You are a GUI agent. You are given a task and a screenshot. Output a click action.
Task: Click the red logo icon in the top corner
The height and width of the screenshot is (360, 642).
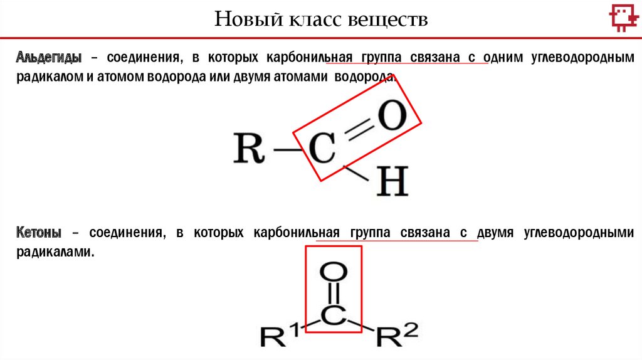621,19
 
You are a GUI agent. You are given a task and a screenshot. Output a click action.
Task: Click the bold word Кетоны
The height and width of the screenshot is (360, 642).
39,233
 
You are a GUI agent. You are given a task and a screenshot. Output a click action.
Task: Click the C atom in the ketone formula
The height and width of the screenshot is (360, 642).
334,316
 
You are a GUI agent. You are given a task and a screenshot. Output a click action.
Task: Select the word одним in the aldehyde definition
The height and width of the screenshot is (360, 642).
509,58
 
